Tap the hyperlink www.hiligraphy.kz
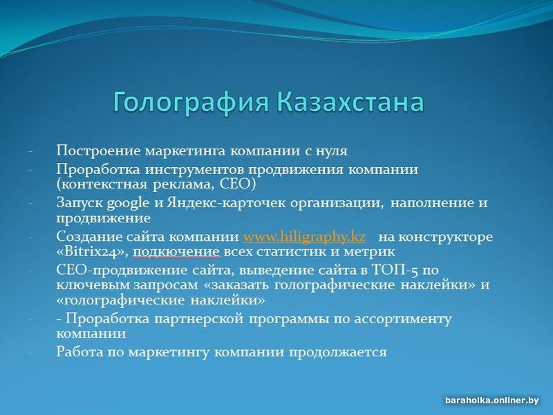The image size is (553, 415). click(304, 237)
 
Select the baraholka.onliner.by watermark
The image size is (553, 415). click(491, 400)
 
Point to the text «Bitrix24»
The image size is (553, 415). click(93, 252)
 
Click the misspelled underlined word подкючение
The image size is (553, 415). click(177, 252)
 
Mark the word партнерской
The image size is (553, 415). click(199, 319)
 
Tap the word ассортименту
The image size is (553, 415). click(402, 319)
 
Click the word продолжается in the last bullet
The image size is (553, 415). click(338, 352)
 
